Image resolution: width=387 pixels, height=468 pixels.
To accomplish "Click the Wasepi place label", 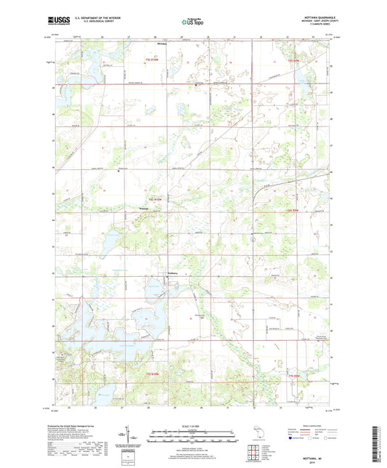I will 144,210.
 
